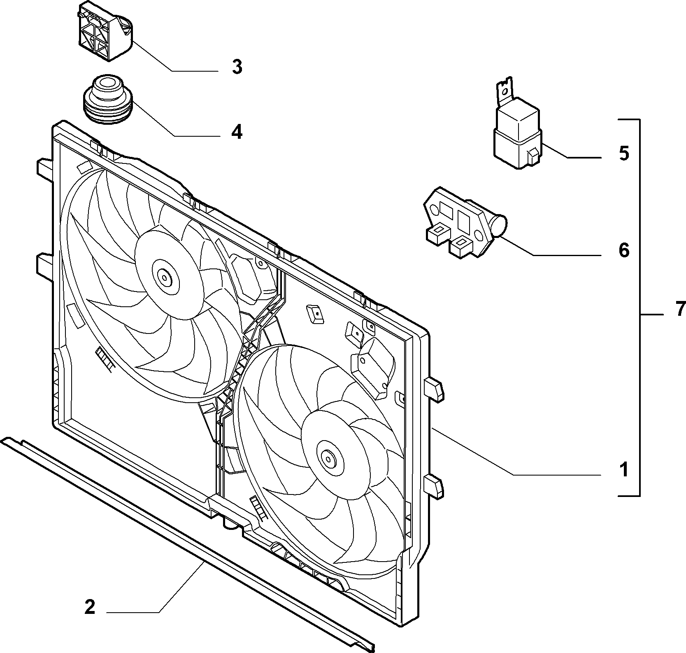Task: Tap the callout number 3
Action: [x=237, y=66]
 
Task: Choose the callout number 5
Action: [x=624, y=153]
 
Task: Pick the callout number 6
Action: [x=624, y=250]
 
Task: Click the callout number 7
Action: [x=680, y=309]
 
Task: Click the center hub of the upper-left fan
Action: [x=165, y=277]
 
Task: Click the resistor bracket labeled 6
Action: [x=465, y=222]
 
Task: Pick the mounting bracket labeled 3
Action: [x=105, y=31]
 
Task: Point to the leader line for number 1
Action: [x=517, y=452]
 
